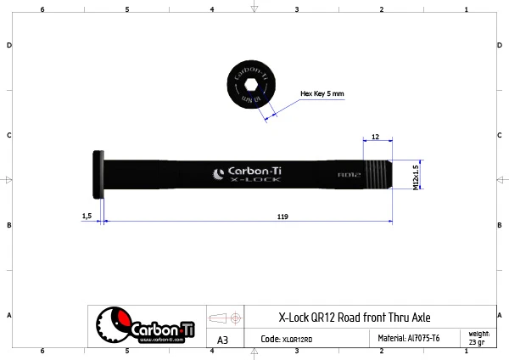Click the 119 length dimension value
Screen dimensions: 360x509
point(282,217)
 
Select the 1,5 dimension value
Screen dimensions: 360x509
point(87,217)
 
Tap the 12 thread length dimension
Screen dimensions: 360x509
point(375,135)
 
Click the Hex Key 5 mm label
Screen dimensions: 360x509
point(322,94)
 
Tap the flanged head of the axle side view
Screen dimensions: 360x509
point(96,174)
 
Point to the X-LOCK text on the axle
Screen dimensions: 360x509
point(250,182)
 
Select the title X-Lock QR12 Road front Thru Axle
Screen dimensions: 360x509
point(355,318)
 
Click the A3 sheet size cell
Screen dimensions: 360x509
point(222,340)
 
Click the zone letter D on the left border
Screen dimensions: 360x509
point(8,45)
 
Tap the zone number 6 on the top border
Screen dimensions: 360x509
point(42,8)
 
